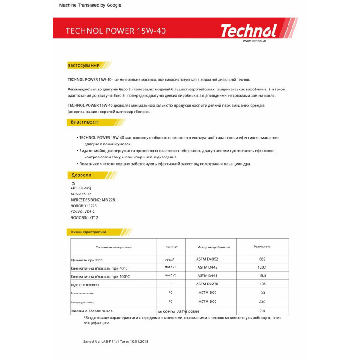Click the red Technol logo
coord(248,31)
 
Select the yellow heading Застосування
coord(84,65)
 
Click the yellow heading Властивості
coord(85,122)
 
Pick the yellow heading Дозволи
coord(81,175)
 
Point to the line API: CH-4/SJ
coord(81,188)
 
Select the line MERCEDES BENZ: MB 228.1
coord(94,200)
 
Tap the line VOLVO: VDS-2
coord(83,211)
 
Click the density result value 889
coord(263,259)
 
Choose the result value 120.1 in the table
coord(263,267)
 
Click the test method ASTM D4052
coord(207,259)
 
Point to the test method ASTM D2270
coord(207,284)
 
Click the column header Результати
coord(262,247)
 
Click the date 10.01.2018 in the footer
coord(136,342)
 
